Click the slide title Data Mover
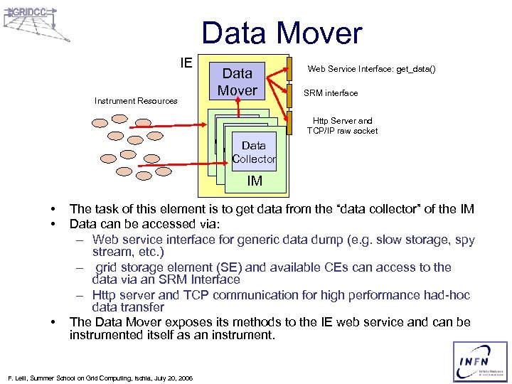click(x=282, y=33)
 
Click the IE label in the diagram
click(x=186, y=63)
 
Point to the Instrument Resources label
click(x=136, y=101)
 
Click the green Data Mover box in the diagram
click(x=238, y=81)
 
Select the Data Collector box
click(x=254, y=152)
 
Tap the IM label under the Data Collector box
click(x=255, y=181)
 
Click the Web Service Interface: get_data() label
click(x=370, y=69)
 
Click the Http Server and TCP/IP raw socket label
click(x=342, y=126)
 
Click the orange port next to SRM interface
click(x=289, y=94)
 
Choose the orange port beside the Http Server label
click(x=289, y=122)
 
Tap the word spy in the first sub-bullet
click(x=463, y=240)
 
